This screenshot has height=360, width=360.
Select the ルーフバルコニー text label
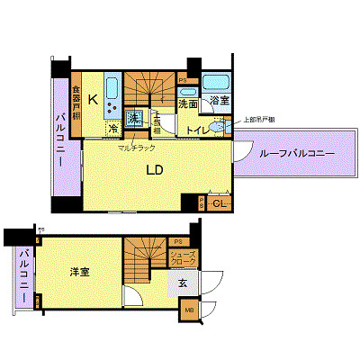click(x=296, y=155)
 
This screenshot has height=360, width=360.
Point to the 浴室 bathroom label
click(x=220, y=101)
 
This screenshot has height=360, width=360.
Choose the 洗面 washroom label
click(x=187, y=104)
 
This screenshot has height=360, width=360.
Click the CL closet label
click(x=219, y=204)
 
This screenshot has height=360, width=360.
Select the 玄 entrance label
click(x=182, y=283)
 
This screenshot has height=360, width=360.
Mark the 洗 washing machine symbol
click(x=132, y=118)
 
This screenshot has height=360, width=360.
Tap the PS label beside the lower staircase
click(x=177, y=241)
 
